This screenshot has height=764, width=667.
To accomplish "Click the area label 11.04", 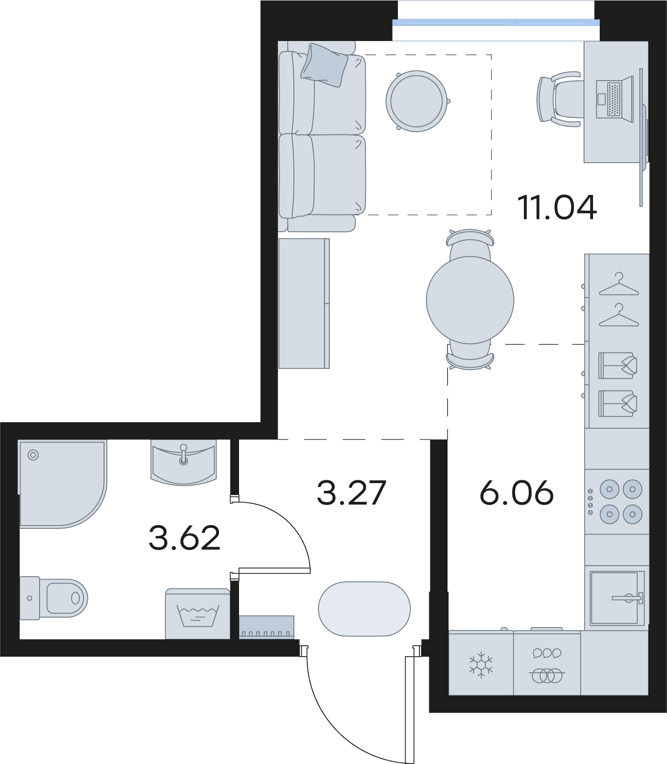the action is tap(557, 207).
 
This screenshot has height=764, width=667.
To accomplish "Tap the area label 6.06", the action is tap(517, 493).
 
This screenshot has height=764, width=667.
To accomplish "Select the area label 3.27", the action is tap(351, 493).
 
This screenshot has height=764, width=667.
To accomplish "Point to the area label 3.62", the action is tap(184, 537).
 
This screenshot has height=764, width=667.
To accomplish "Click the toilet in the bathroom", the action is tap(53, 598).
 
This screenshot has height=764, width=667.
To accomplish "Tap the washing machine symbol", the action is tap(198, 614).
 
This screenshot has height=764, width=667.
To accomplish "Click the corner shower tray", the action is tap(62, 484).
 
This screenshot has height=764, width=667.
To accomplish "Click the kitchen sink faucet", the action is tap(629, 597).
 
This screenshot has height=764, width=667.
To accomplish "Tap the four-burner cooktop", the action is tap(617, 502).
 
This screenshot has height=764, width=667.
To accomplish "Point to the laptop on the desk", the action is tap(615, 99).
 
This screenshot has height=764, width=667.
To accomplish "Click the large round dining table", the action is tap(470, 300).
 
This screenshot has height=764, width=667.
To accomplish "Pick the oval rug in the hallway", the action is tap(365, 609).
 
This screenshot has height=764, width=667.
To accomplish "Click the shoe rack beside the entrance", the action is tap(266, 627).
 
